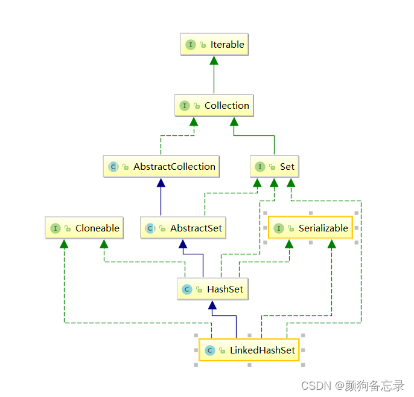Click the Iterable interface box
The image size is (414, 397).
pyautogui.click(x=214, y=45)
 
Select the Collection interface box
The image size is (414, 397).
pyautogui.click(x=214, y=106)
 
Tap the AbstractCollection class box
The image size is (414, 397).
pyautogui.click(x=162, y=167)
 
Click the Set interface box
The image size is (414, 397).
pyautogui.click(x=275, y=167)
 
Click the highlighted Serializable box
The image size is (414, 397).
pyautogui.click(x=310, y=228)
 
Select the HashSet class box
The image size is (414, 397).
pyautogui.click(x=212, y=289)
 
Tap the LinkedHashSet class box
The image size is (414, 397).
pyautogui.click(x=249, y=350)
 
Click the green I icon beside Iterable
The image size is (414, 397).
pyautogui.click(x=191, y=45)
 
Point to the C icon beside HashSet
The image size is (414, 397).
pyautogui.click(x=187, y=289)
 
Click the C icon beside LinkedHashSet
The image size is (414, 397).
pyautogui.click(x=209, y=350)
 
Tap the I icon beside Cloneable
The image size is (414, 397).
pyautogui.click(x=56, y=228)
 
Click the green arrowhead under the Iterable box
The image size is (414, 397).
pyautogui.click(x=214, y=60)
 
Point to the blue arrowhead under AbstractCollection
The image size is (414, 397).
pyautogui.click(x=161, y=182)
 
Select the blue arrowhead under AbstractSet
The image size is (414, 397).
pyautogui.click(x=181, y=244)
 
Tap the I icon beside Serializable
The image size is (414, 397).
pyautogui.click(x=279, y=228)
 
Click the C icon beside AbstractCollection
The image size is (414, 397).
pyautogui.click(x=113, y=167)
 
